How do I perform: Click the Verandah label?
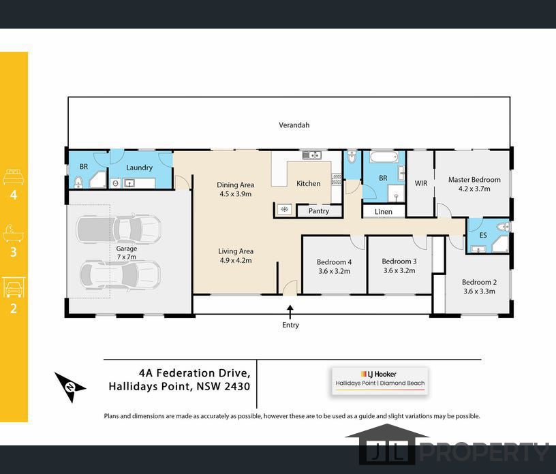click(294, 125)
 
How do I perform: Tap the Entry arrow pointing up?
click(290, 313)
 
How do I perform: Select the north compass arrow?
click(69, 387)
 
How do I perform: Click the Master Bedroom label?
click(474, 180)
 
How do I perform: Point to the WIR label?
click(421, 183)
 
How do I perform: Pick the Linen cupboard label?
click(384, 212)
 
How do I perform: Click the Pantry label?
click(318, 211)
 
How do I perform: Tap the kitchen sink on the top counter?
click(311, 155)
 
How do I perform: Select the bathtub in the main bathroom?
click(384, 157)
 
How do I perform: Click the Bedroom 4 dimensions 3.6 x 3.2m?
click(334, 271)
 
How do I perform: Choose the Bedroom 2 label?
click(479, 282)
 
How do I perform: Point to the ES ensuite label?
click(483, 235)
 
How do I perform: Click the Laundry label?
click(140, 168)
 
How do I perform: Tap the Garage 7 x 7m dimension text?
click(127, 257)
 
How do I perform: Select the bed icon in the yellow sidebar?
click(13, 177)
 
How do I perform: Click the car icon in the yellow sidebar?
click(14, 287)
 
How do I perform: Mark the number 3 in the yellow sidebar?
click(14, 252)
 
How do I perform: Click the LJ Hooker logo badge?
click(380, 381)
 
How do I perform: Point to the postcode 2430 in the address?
click(237, 386)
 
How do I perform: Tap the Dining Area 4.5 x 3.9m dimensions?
click(236, 194)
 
